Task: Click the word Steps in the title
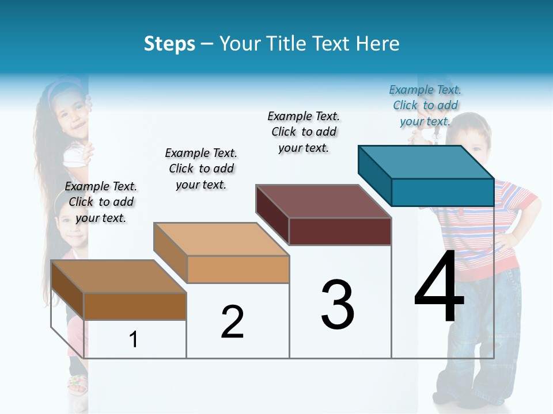tap(169, 44)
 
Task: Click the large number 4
tap(439, 287)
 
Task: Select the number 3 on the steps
tap(338, 304)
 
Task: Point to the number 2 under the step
tap(232, 322)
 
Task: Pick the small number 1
tap(134, 339)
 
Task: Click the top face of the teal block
tap(426, 162)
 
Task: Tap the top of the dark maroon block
tap(323, 201)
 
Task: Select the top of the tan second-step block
tap(221, 239)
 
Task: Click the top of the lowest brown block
tap(118, 277)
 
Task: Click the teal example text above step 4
tap(425, 105)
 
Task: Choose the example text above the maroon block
tap(304, 132)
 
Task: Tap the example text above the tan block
tap(201, 168)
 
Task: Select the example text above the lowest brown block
tap(101, 202)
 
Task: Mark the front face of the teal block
tap(442, 192)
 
